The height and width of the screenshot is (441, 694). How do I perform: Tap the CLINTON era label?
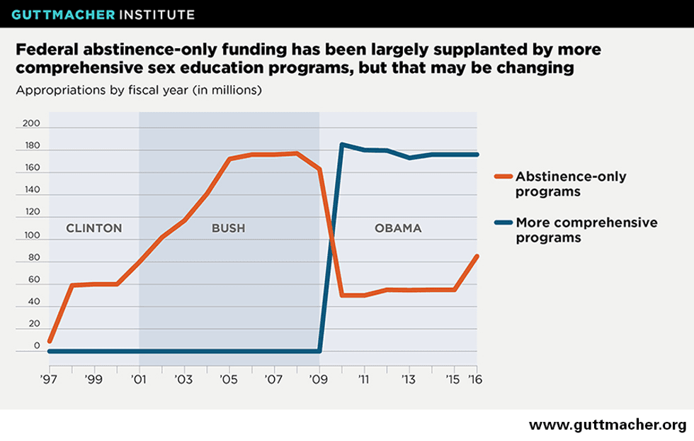click(94, 228)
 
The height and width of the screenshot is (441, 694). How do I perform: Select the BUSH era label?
click(229, 228)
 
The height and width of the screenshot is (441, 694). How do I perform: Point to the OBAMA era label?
click(397, 228)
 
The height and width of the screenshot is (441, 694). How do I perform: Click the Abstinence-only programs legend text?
click(570, 184)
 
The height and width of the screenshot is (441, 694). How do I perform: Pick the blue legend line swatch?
click(502, 223)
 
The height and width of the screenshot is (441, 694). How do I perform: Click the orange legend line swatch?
click(502, 177)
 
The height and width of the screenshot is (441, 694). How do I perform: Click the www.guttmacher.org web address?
click(607, 425)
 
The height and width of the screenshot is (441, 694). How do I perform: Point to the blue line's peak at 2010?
click(342, 145)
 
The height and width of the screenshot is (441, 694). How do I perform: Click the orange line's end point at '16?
click(477, 256)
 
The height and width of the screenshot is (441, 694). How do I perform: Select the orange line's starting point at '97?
click(50, 341)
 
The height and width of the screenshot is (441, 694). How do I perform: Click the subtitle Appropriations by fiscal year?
click(139, 91)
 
